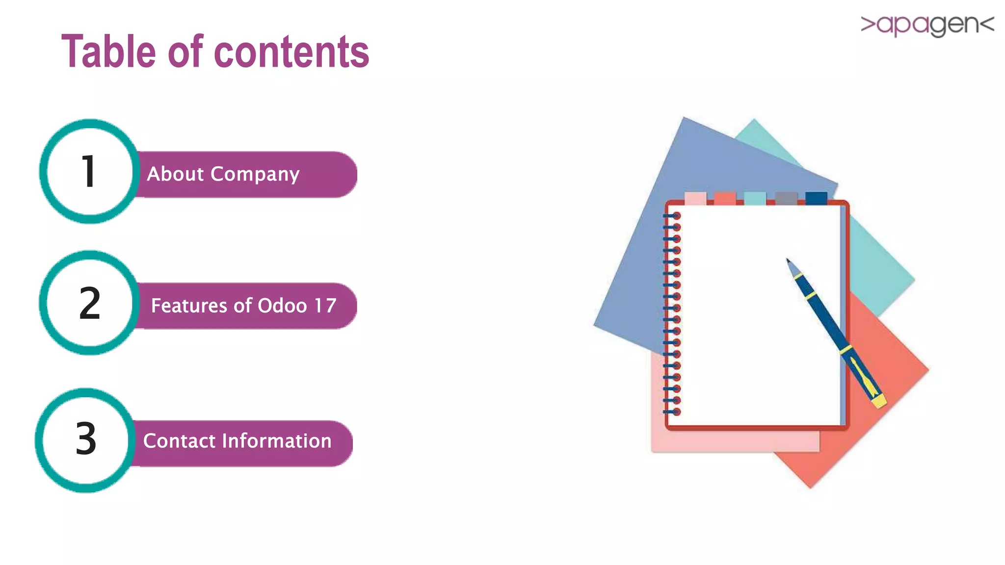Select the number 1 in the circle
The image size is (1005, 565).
coord(88,172)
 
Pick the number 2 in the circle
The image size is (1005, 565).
coord(90,304)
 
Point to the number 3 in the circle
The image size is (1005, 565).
coord(86,439)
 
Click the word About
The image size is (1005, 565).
coord(175,174)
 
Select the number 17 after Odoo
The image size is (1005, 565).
coord(325,306)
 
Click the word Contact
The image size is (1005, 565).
coord(179,441)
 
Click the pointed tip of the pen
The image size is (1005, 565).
coord(788,260)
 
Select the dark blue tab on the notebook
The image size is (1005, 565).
coord(816,198)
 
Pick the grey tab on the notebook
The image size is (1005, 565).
coord(786,198)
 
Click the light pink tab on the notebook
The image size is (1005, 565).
coord(695,198)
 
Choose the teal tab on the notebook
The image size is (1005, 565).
coord(755,198)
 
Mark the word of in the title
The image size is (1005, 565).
coord(185,51)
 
